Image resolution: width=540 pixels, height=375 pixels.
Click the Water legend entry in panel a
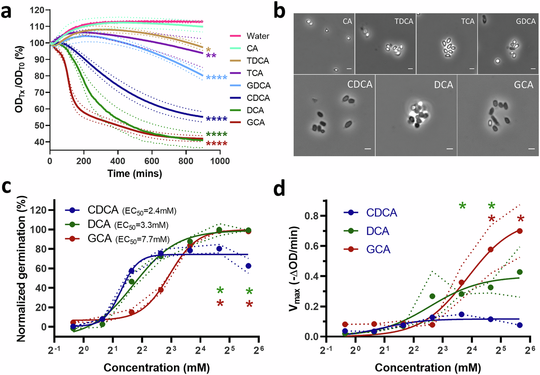click(x=258, y=36)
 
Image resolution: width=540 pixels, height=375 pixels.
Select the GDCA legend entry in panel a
click(x=258, y=86)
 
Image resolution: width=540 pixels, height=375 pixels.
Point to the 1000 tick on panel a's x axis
click(x=220, y=161)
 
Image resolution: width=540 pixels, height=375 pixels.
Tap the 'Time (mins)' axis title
click(x=135, y=173)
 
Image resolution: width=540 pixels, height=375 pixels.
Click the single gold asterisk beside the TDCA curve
click(x=208, y=50)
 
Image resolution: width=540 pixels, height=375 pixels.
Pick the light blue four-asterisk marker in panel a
click(x=216, y=78)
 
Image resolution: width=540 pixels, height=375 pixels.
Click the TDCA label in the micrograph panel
click(x=404, y=21)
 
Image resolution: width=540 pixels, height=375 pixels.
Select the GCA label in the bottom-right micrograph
click(x=523, y=85)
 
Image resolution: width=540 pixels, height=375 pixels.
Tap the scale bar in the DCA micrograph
click(x=450, y=149)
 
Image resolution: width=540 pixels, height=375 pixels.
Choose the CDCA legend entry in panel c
click(x=103, y=210)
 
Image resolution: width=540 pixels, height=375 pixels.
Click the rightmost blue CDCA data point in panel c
click(x=248, y=266)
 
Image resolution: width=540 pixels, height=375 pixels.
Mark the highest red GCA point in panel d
click(x=520, y=231)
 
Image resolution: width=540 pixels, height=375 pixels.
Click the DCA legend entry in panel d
click(x=378, y=231)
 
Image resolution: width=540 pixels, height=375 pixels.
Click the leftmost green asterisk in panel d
click(x=462, y=205)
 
